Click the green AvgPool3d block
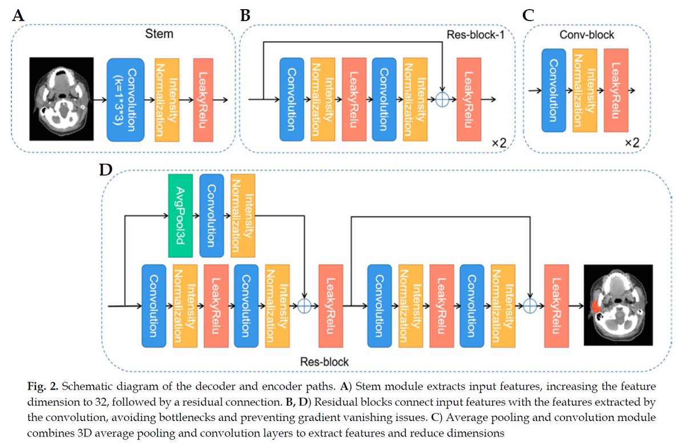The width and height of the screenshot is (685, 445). point(180,216)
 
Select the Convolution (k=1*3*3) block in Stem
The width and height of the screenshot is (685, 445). point(126,100)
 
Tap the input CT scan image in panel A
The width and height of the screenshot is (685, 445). point(62,99)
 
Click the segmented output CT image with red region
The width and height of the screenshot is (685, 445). point(618,305)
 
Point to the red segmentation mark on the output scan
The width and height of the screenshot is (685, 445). point(595,306)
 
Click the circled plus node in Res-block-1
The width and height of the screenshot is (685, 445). point(442,99)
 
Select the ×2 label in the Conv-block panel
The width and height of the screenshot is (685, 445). point(632,143)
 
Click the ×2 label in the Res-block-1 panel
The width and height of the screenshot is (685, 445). point(499,143)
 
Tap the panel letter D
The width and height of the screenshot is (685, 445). point(106,170)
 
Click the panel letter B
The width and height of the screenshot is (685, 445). point(245,15)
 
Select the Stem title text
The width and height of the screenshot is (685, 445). point(159,34)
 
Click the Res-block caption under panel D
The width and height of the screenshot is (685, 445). point(324,362)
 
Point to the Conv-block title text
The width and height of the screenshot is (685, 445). point(587,35)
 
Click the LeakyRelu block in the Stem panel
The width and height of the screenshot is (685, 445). point(203,100)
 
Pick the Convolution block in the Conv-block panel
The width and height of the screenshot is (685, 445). point(554,91)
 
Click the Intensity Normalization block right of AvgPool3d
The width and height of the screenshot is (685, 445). point(243,216)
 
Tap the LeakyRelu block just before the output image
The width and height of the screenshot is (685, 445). point(557,306)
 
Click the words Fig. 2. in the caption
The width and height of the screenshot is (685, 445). point(42,387)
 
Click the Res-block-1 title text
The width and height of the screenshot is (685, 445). point(475,35)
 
